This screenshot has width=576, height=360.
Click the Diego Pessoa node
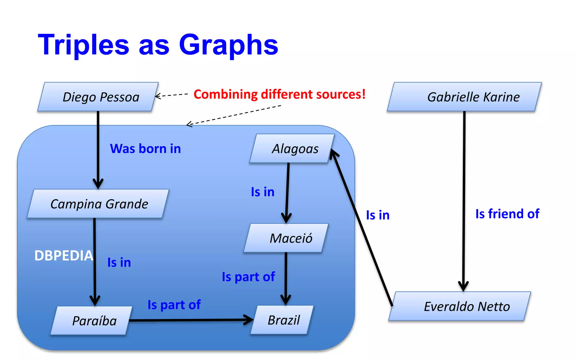pyautogui.click(x=98, y=97)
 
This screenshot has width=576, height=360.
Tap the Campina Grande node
pyautogui.click(x=98, y=204)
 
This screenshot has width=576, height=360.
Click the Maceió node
pyautogui.click(x=286, y=238)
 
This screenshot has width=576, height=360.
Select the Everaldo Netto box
pyautogui.click(x=460, y=306)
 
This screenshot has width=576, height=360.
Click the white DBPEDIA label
pyautogui.click(x=64, y=256)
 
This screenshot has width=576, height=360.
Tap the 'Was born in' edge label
pyautogui.click(x=145, y=148)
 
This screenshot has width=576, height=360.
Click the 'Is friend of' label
pyautogui.click(x=507, y=214)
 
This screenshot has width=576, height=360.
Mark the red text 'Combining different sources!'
pyautogui.click(x=279, y=94)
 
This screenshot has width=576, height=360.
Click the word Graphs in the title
pyautogui.click(x=228, y=45)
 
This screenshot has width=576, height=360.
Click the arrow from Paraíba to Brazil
pyautogui.click(x=191, y=320)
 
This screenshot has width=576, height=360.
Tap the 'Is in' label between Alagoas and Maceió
pyautogui.click(x=262, y=192)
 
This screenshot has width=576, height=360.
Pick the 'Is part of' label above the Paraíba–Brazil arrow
pyautogui.click(x=174, y=305)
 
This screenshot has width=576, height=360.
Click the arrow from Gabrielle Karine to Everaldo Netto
pyautogui.click(x=464, y=197)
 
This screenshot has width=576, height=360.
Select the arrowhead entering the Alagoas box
pyautogui.click(x=334, y=154)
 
